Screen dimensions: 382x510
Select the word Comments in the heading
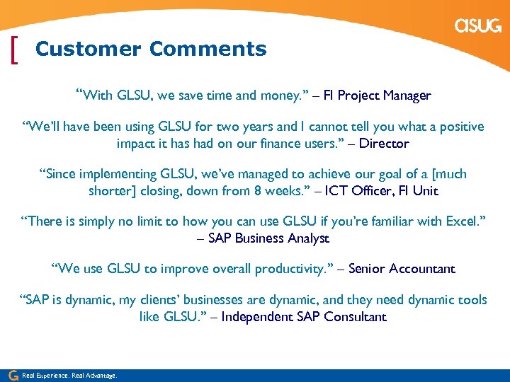[208, 50]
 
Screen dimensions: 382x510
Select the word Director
[385, 144]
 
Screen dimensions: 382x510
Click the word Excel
[463, 222]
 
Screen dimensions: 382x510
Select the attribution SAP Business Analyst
[268, 238]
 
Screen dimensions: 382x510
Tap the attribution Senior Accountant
[402, 269]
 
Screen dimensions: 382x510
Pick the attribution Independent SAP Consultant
[305, 317]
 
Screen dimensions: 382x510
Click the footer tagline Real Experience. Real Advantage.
[69, 376]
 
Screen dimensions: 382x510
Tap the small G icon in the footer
[12, 375]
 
